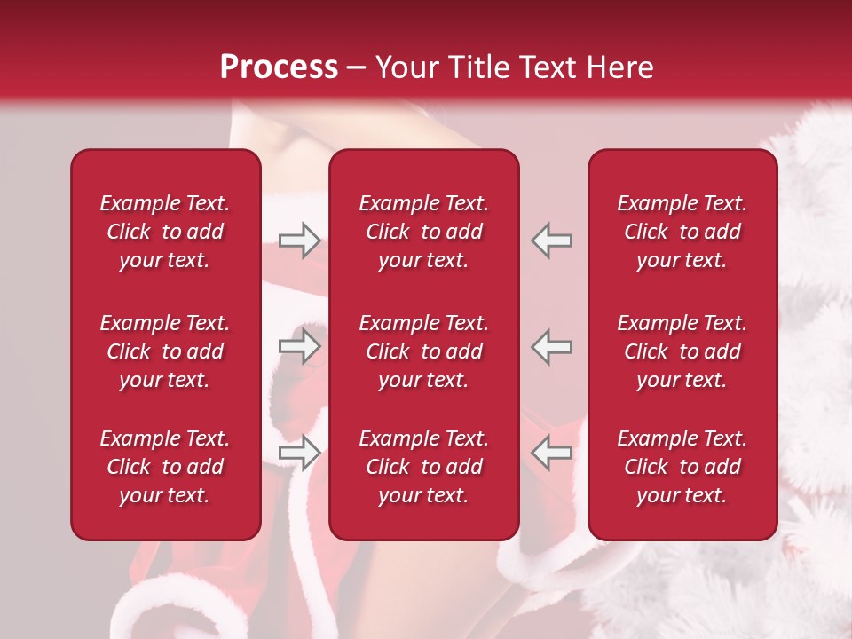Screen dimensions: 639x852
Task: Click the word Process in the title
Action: point(279,67)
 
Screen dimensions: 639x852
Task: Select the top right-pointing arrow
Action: point(299,240)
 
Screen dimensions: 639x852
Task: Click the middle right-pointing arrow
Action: point(299,346)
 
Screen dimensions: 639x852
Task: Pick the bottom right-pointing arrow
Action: point(299,453)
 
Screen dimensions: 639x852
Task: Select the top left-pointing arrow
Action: point(551,240)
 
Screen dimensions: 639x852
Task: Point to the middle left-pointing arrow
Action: point(551,346)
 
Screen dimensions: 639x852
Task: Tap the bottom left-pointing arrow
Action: point(551,453)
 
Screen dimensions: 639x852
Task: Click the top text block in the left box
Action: point(165,232)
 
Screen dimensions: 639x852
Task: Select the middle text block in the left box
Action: point(165,351)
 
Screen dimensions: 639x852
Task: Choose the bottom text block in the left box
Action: point(165,467)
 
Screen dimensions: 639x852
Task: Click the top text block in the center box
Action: point(423,232)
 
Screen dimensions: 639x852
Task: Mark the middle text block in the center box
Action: point(423,351)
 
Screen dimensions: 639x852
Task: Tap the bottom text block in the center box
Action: point(423,467)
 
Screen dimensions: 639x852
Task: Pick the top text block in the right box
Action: point(682,232)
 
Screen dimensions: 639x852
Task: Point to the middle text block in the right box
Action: point(682,351)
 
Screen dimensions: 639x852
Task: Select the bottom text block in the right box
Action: point(682,467)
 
